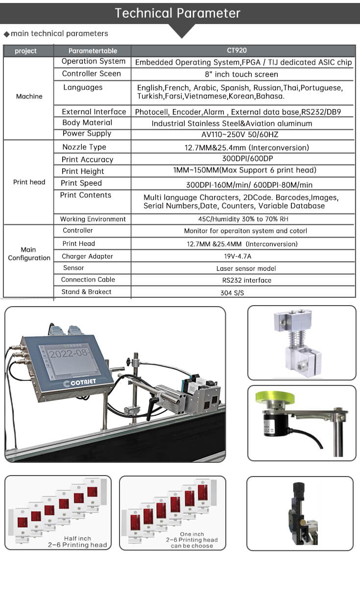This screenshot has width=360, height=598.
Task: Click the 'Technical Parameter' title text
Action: pos(178,13)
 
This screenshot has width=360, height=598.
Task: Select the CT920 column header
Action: pos(243,50)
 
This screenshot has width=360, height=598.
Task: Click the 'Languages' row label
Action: pos(83,87)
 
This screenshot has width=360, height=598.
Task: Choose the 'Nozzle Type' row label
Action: pos(84,147)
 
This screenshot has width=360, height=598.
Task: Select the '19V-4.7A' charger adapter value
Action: pos(243,256)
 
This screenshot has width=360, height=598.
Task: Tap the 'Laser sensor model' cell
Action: pos(246,268)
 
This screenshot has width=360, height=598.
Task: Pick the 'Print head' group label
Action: pos(29,182)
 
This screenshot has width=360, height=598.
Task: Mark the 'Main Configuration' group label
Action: pos(29,254)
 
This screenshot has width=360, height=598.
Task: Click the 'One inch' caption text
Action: pos(192,534)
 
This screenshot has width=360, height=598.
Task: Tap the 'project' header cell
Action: pos(26,51)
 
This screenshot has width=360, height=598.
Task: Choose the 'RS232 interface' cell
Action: pos(243,281)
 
